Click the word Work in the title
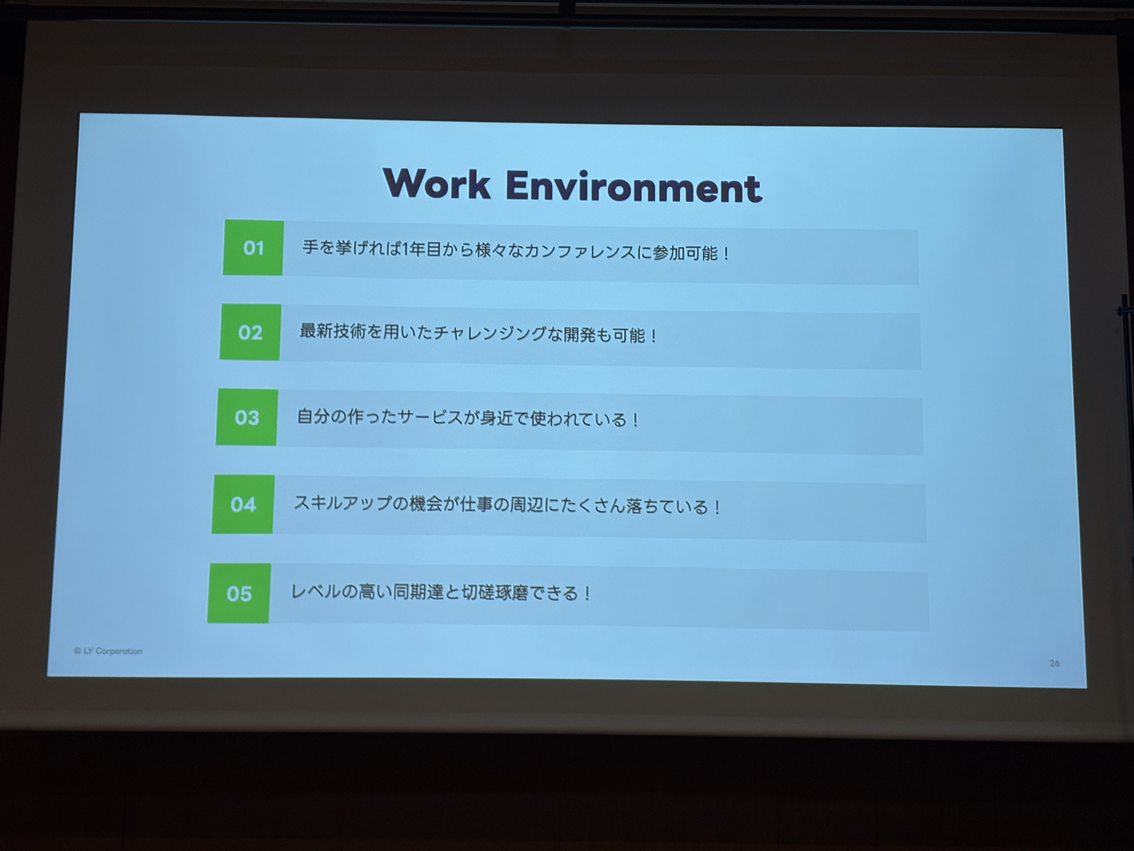coord(437,183)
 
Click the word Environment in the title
coord(634,186)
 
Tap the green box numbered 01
coord(253,248)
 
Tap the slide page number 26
coord(1054,663)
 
